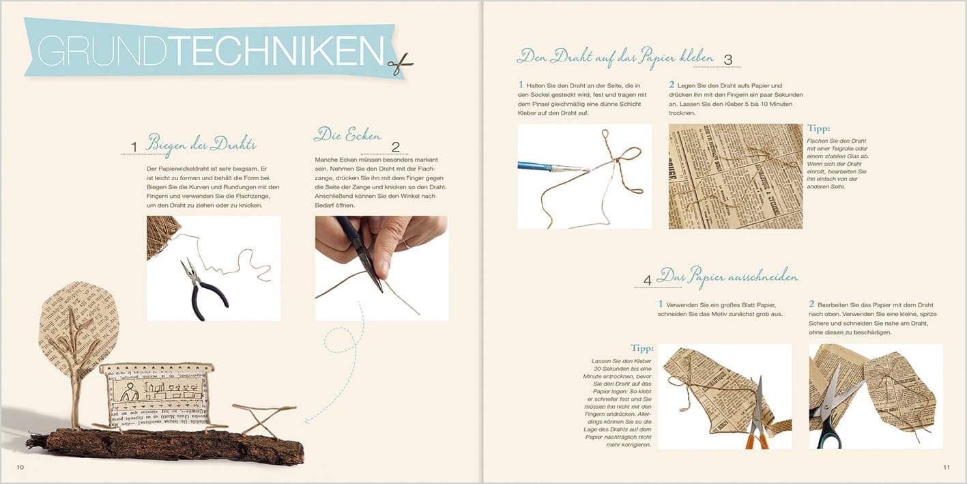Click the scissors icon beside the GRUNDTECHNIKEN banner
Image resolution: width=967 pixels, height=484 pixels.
tap(401, 63)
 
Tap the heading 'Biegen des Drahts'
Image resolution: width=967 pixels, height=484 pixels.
tap(201, 144)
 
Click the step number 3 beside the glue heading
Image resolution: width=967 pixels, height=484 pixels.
tap(727, 60)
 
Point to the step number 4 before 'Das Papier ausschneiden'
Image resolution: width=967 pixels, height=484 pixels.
tap(647, 280)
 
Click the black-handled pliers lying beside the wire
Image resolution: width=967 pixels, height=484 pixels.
tap(201, 287)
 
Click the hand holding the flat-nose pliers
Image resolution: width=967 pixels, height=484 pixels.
tap(382, 236)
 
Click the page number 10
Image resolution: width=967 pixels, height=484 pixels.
tap(20, 467)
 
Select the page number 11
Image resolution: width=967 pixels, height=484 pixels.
tap(946, 467)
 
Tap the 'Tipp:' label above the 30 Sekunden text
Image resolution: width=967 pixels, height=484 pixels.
tap(642, 348)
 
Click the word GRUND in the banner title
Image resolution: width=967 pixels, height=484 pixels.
tap(102, 51)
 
